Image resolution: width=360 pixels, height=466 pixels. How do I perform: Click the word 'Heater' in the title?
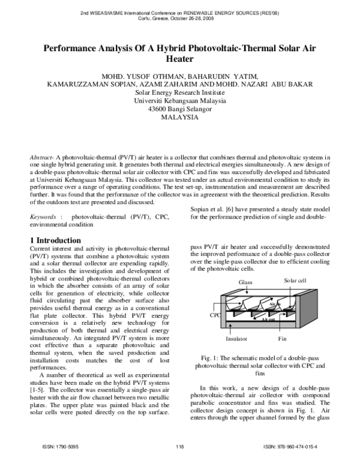pos(179,59)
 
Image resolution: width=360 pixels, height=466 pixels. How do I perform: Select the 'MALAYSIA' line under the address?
pos(179,118)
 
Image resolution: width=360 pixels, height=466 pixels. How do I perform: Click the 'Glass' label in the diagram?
pos(245,282)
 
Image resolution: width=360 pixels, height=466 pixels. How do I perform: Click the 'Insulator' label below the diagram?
pos(236,339)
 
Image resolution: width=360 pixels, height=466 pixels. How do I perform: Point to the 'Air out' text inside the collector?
pos(269,319)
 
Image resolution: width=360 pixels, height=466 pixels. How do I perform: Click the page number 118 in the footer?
pos(179,446)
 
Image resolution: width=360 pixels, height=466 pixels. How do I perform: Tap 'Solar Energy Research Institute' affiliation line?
pos(179,92)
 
